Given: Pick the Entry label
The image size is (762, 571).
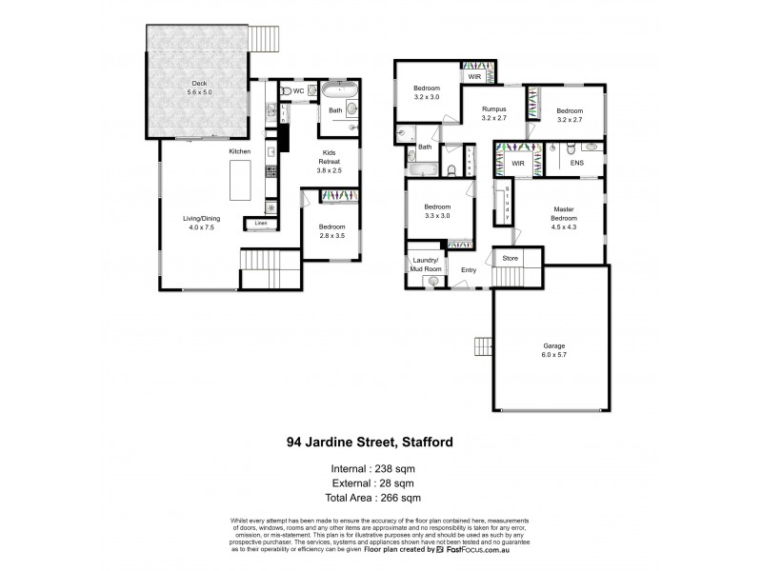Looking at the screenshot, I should tap(469, 270).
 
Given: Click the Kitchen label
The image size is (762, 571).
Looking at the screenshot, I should tap(239, 152).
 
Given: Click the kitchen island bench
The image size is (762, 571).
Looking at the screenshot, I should tap(238, 180).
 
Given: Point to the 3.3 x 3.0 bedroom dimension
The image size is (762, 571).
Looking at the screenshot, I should tap(437, 215).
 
